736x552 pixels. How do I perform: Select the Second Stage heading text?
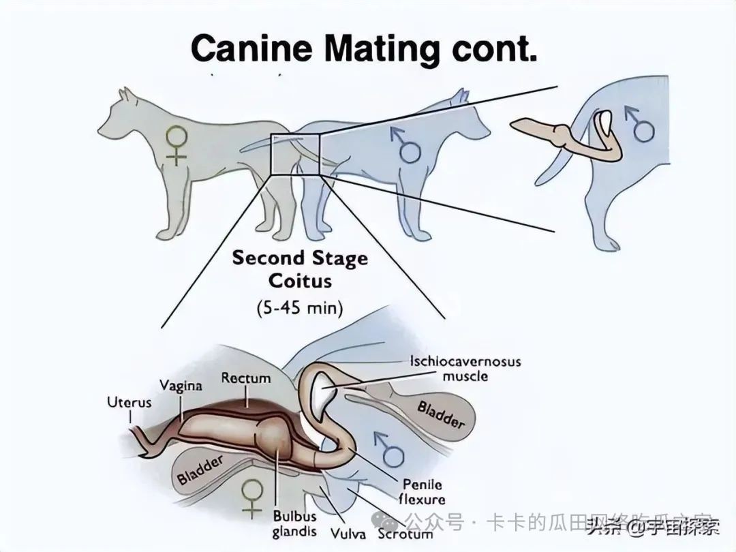[300, 259]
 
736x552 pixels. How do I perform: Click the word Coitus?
[300, 281]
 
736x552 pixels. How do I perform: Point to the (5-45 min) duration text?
[300, 307]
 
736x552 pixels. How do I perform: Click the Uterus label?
[129, 403]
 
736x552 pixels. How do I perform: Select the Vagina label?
[181, 386]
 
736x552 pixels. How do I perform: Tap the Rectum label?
[245, 378]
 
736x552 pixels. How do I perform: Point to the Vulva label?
[348, 534]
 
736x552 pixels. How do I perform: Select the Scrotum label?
[406, 534]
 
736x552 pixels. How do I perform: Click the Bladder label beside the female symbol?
[200, 470]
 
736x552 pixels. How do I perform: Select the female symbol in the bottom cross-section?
[253, 497]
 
